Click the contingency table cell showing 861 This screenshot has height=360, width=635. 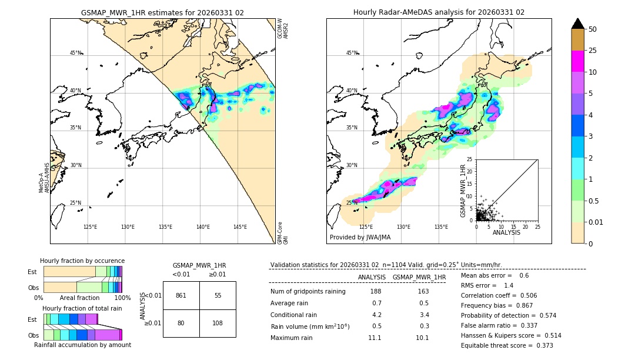[181, 295]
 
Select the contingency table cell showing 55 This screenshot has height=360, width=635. [218, 295]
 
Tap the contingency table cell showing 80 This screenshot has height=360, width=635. [181, 323]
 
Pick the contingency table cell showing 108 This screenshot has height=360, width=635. [218, 323]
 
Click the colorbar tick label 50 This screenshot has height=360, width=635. [593, 29]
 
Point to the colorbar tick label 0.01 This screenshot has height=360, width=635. [596, 222]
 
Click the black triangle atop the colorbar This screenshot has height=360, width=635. [578, 24]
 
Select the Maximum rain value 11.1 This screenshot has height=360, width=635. [375, 338]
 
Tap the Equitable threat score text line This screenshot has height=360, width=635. [507, 345]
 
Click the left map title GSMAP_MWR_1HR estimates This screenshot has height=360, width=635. [162, 12]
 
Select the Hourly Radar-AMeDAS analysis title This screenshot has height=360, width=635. [439, 12]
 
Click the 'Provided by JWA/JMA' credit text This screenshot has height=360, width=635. [360, 238]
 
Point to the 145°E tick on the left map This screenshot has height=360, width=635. [240, 227]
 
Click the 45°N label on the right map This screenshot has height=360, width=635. [352, 53]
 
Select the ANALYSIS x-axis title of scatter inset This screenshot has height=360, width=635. [506, 232]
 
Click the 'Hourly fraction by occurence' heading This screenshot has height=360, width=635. [82, 261]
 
